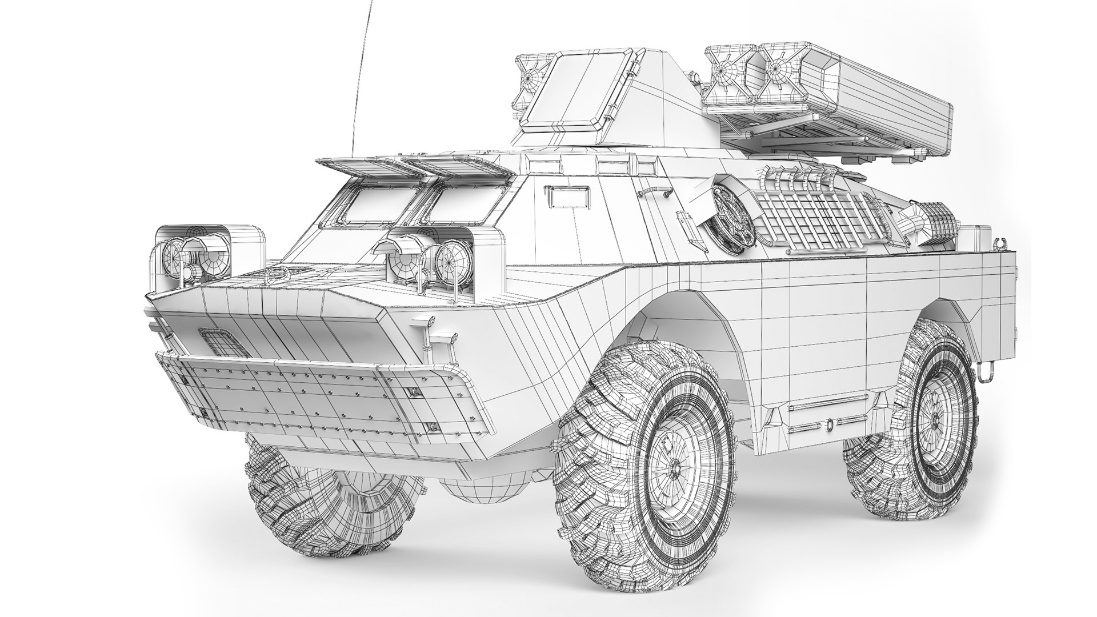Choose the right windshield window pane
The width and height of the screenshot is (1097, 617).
[460, 206]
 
